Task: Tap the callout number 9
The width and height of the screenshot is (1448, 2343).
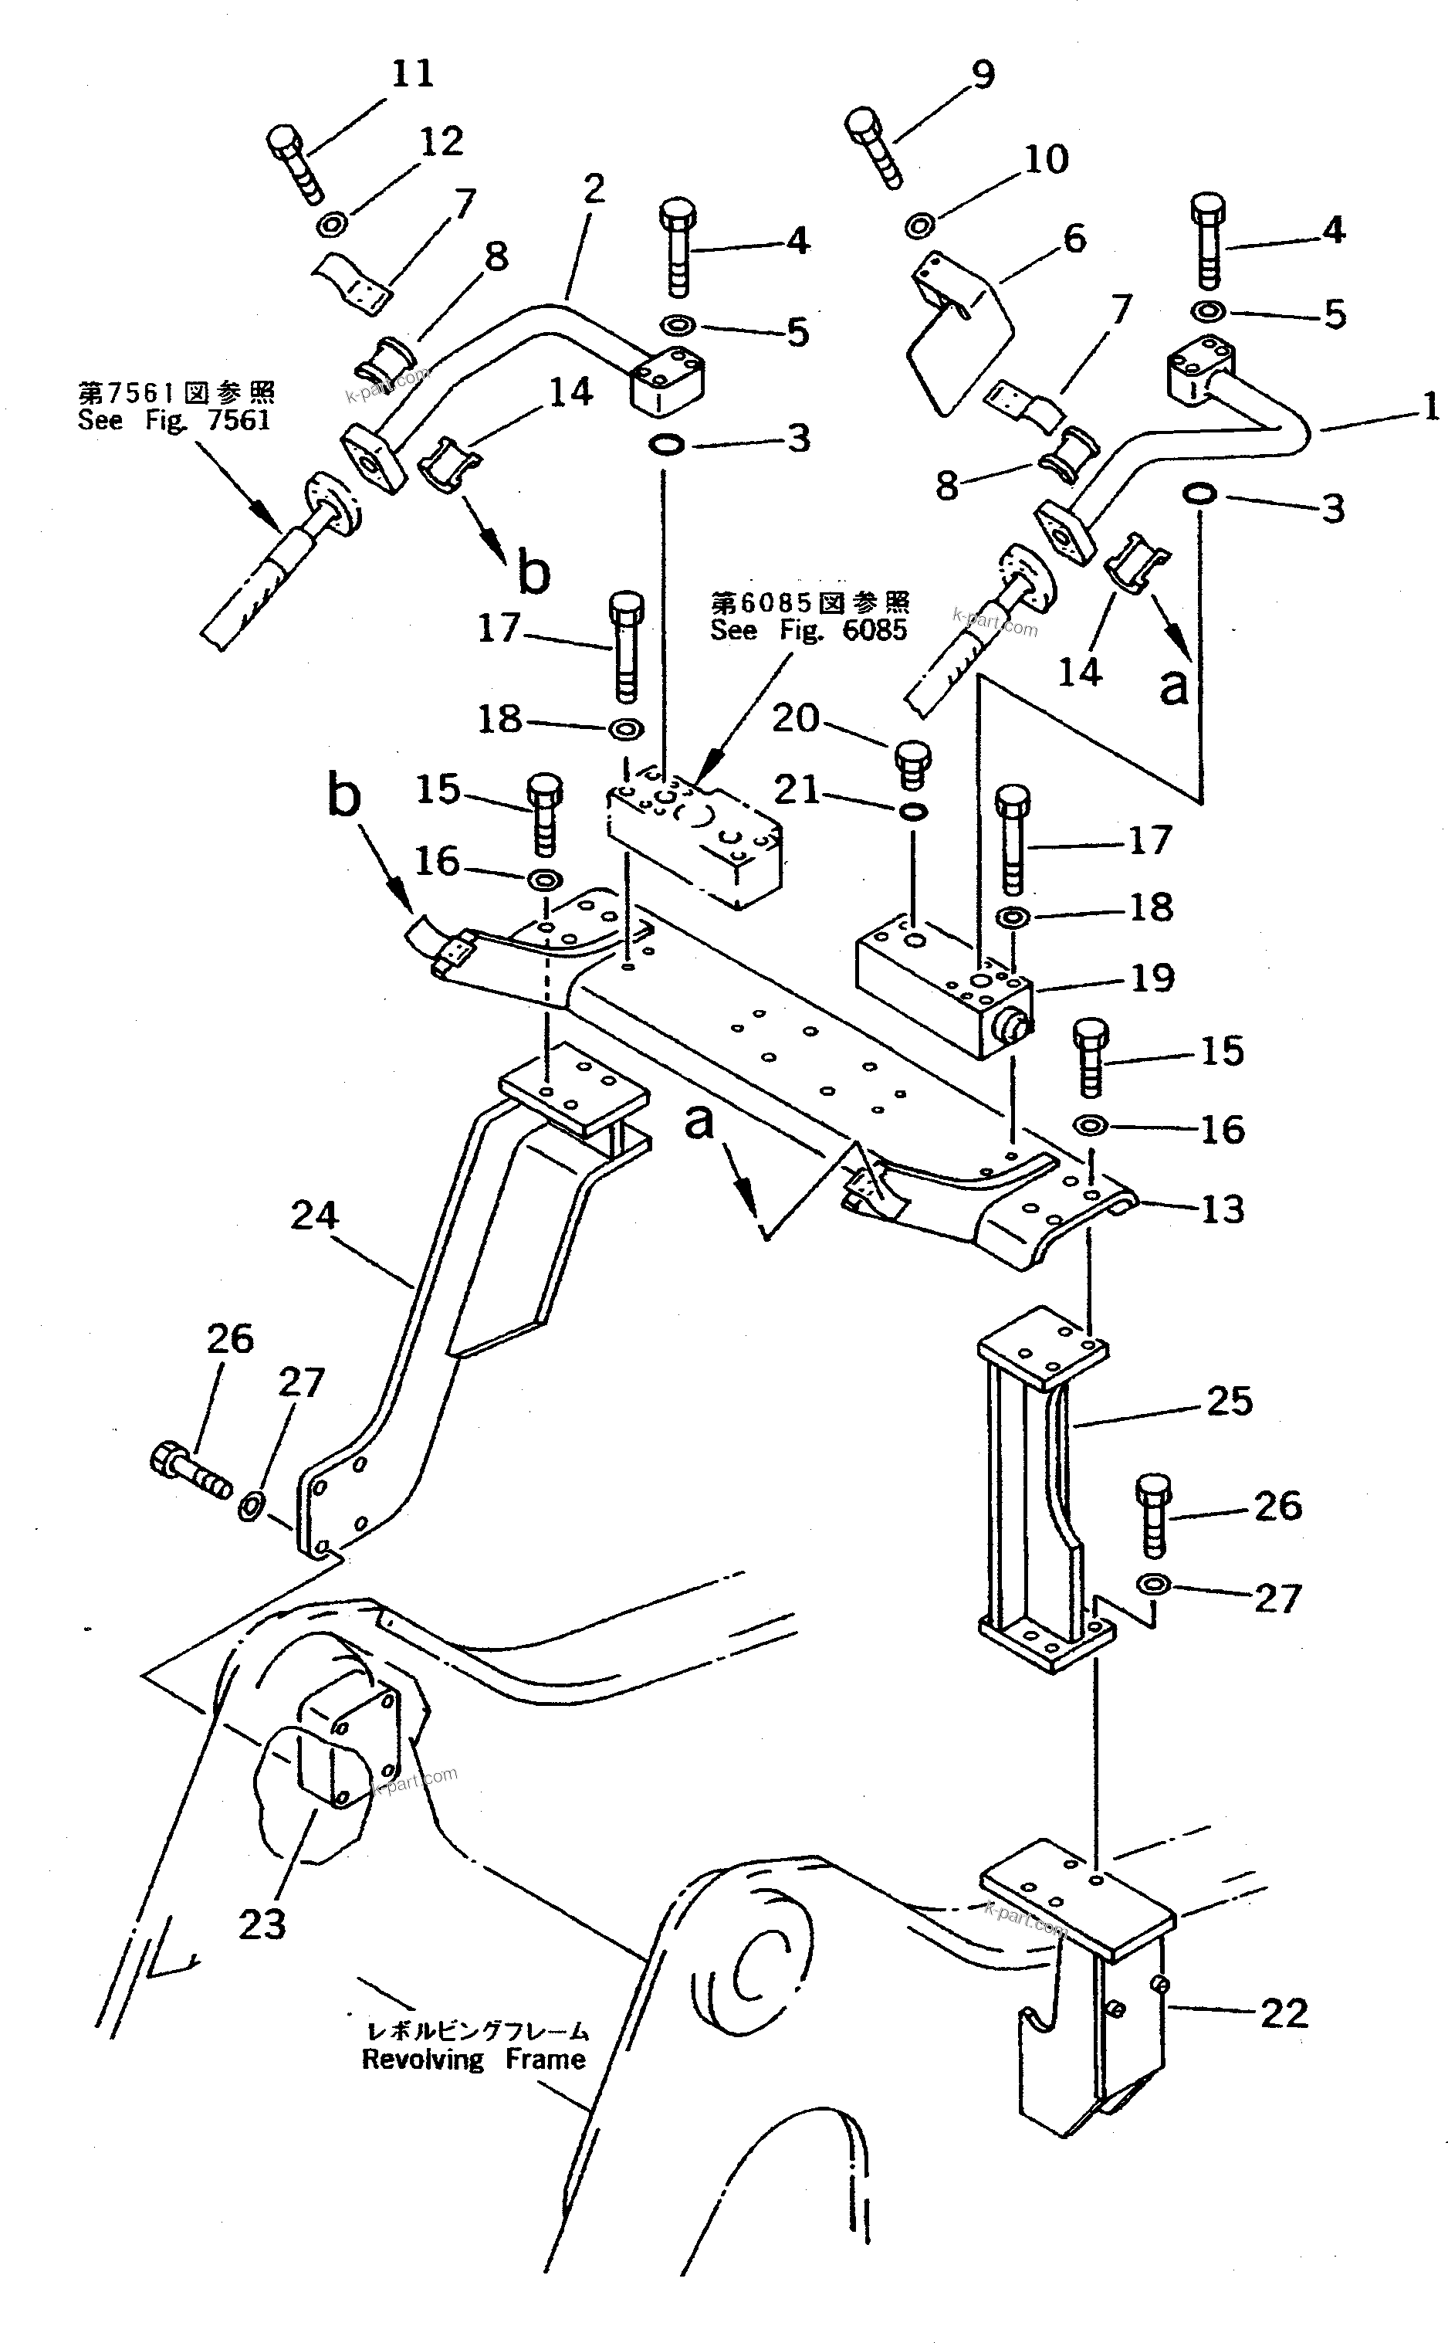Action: tap(983, 74)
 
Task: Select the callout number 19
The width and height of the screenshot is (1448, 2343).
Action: tap(1153, 978)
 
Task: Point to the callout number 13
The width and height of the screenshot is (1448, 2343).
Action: tap(1222, 1209)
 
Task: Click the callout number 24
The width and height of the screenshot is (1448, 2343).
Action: tap(314, 1216)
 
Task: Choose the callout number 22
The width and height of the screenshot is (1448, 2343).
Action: tap(1284, 2012)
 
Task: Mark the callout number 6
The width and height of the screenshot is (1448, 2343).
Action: tap(1074, 239)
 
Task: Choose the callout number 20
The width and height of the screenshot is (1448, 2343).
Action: tap(796, 717)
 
